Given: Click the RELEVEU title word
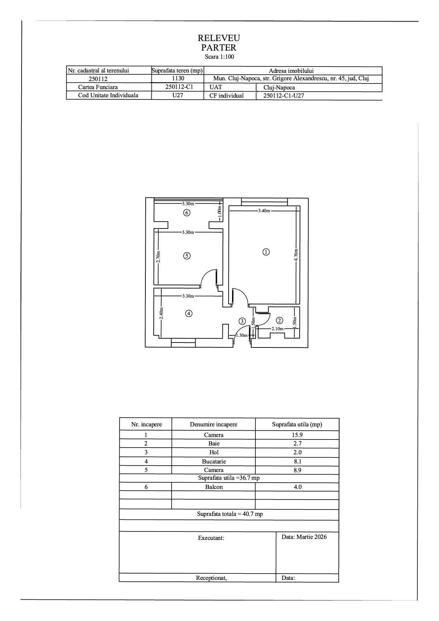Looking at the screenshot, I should [219, 38].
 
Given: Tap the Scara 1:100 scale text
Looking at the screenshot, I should [219, 57].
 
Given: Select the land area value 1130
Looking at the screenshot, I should [178, 79].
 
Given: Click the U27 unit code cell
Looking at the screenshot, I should [178, 95].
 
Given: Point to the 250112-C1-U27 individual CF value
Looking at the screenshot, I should [284, 96].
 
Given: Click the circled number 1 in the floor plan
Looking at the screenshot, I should [266, 252].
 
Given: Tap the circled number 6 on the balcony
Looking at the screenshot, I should [187, 213].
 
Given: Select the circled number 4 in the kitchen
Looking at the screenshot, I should [189, 313].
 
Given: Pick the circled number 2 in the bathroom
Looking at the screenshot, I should [279, 321].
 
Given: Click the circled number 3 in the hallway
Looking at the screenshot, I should [242, 321].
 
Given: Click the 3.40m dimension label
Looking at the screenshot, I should [264, 211].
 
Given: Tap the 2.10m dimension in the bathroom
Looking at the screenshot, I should [277, 329].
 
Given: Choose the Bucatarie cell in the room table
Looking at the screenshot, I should [214, 461].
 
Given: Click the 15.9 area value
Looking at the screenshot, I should [297, 435].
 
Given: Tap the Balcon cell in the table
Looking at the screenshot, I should [214, 487].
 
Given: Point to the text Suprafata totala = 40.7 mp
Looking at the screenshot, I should [230, 514].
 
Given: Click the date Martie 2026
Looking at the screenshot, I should [304, 537].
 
